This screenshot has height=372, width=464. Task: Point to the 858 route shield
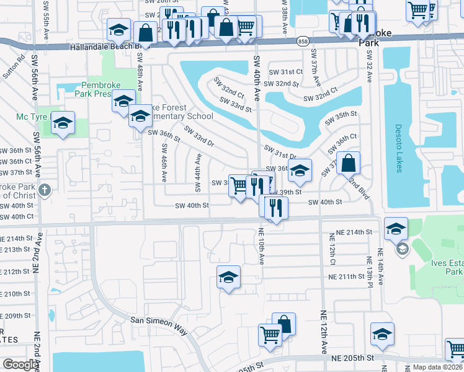point(302,40)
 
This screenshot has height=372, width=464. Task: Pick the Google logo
point(20,365)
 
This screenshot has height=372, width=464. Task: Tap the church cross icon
point(44,190)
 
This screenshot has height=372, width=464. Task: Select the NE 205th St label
point(352,358)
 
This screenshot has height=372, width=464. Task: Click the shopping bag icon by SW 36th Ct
point(349,164)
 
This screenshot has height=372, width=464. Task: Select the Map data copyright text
point(437,367)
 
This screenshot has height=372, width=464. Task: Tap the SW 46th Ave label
point(164,163)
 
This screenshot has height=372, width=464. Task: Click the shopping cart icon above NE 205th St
point(270,335)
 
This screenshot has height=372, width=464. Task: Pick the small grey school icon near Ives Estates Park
point(401,249)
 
